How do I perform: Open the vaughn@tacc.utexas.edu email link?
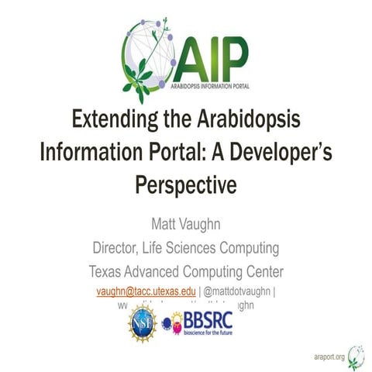tap(145, 291)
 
